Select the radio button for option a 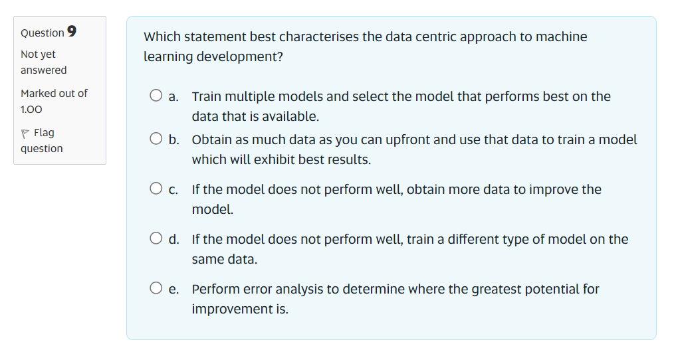click(x=156, y=96)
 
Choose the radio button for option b click(x=156, y=139)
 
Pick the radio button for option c click(x=156, y=189)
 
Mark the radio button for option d click(x=156, y=239)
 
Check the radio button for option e click(x=156, y=289)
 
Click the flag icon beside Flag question click(x=25, y=133)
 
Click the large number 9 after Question click(x=72, y=32)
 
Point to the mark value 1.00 click(x=31, y=109)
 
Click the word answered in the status click(x=44, y=70)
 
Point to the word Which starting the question click(x=162, y=37)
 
